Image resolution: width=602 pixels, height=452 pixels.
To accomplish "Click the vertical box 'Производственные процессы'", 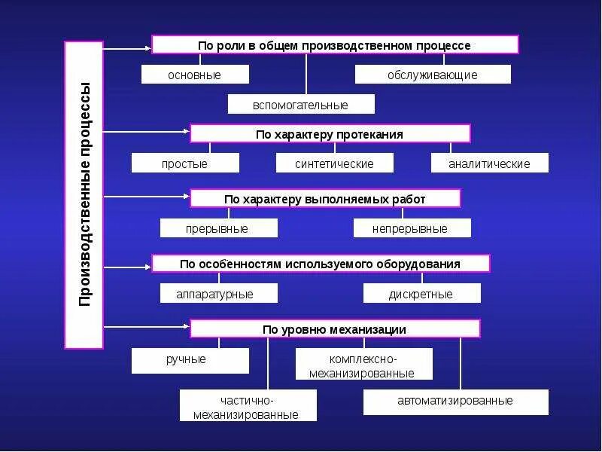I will (84, 194).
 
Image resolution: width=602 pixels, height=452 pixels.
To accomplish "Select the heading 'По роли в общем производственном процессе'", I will (335, 44).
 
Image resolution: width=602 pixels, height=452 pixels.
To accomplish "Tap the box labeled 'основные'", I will (195, 75).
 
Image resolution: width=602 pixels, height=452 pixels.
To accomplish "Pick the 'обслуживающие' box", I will (433, 75).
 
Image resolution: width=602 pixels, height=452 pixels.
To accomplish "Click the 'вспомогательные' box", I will (301, 104).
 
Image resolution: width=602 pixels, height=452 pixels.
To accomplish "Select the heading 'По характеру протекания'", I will (330, 134).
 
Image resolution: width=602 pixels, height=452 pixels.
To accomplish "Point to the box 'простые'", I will (185, 163).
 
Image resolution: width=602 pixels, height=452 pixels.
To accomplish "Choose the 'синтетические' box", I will (334, 163).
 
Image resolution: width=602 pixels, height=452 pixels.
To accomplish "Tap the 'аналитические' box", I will (489, 163).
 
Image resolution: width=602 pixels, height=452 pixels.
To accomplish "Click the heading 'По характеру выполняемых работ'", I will (325, 199).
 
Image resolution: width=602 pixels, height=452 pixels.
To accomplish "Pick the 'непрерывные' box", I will (412, 228).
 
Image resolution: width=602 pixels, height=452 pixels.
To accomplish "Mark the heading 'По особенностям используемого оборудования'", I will (321, 264).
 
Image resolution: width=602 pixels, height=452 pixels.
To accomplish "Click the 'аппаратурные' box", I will (218, 294).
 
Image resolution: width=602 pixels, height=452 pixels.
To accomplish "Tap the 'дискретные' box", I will (421, 294).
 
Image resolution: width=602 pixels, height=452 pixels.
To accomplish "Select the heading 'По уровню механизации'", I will (335, 328).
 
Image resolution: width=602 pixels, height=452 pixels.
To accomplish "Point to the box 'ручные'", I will (190, 360).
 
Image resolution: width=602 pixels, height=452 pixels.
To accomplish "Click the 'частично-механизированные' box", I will (248, 406).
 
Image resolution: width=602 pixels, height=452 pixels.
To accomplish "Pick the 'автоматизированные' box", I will (455, 402).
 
